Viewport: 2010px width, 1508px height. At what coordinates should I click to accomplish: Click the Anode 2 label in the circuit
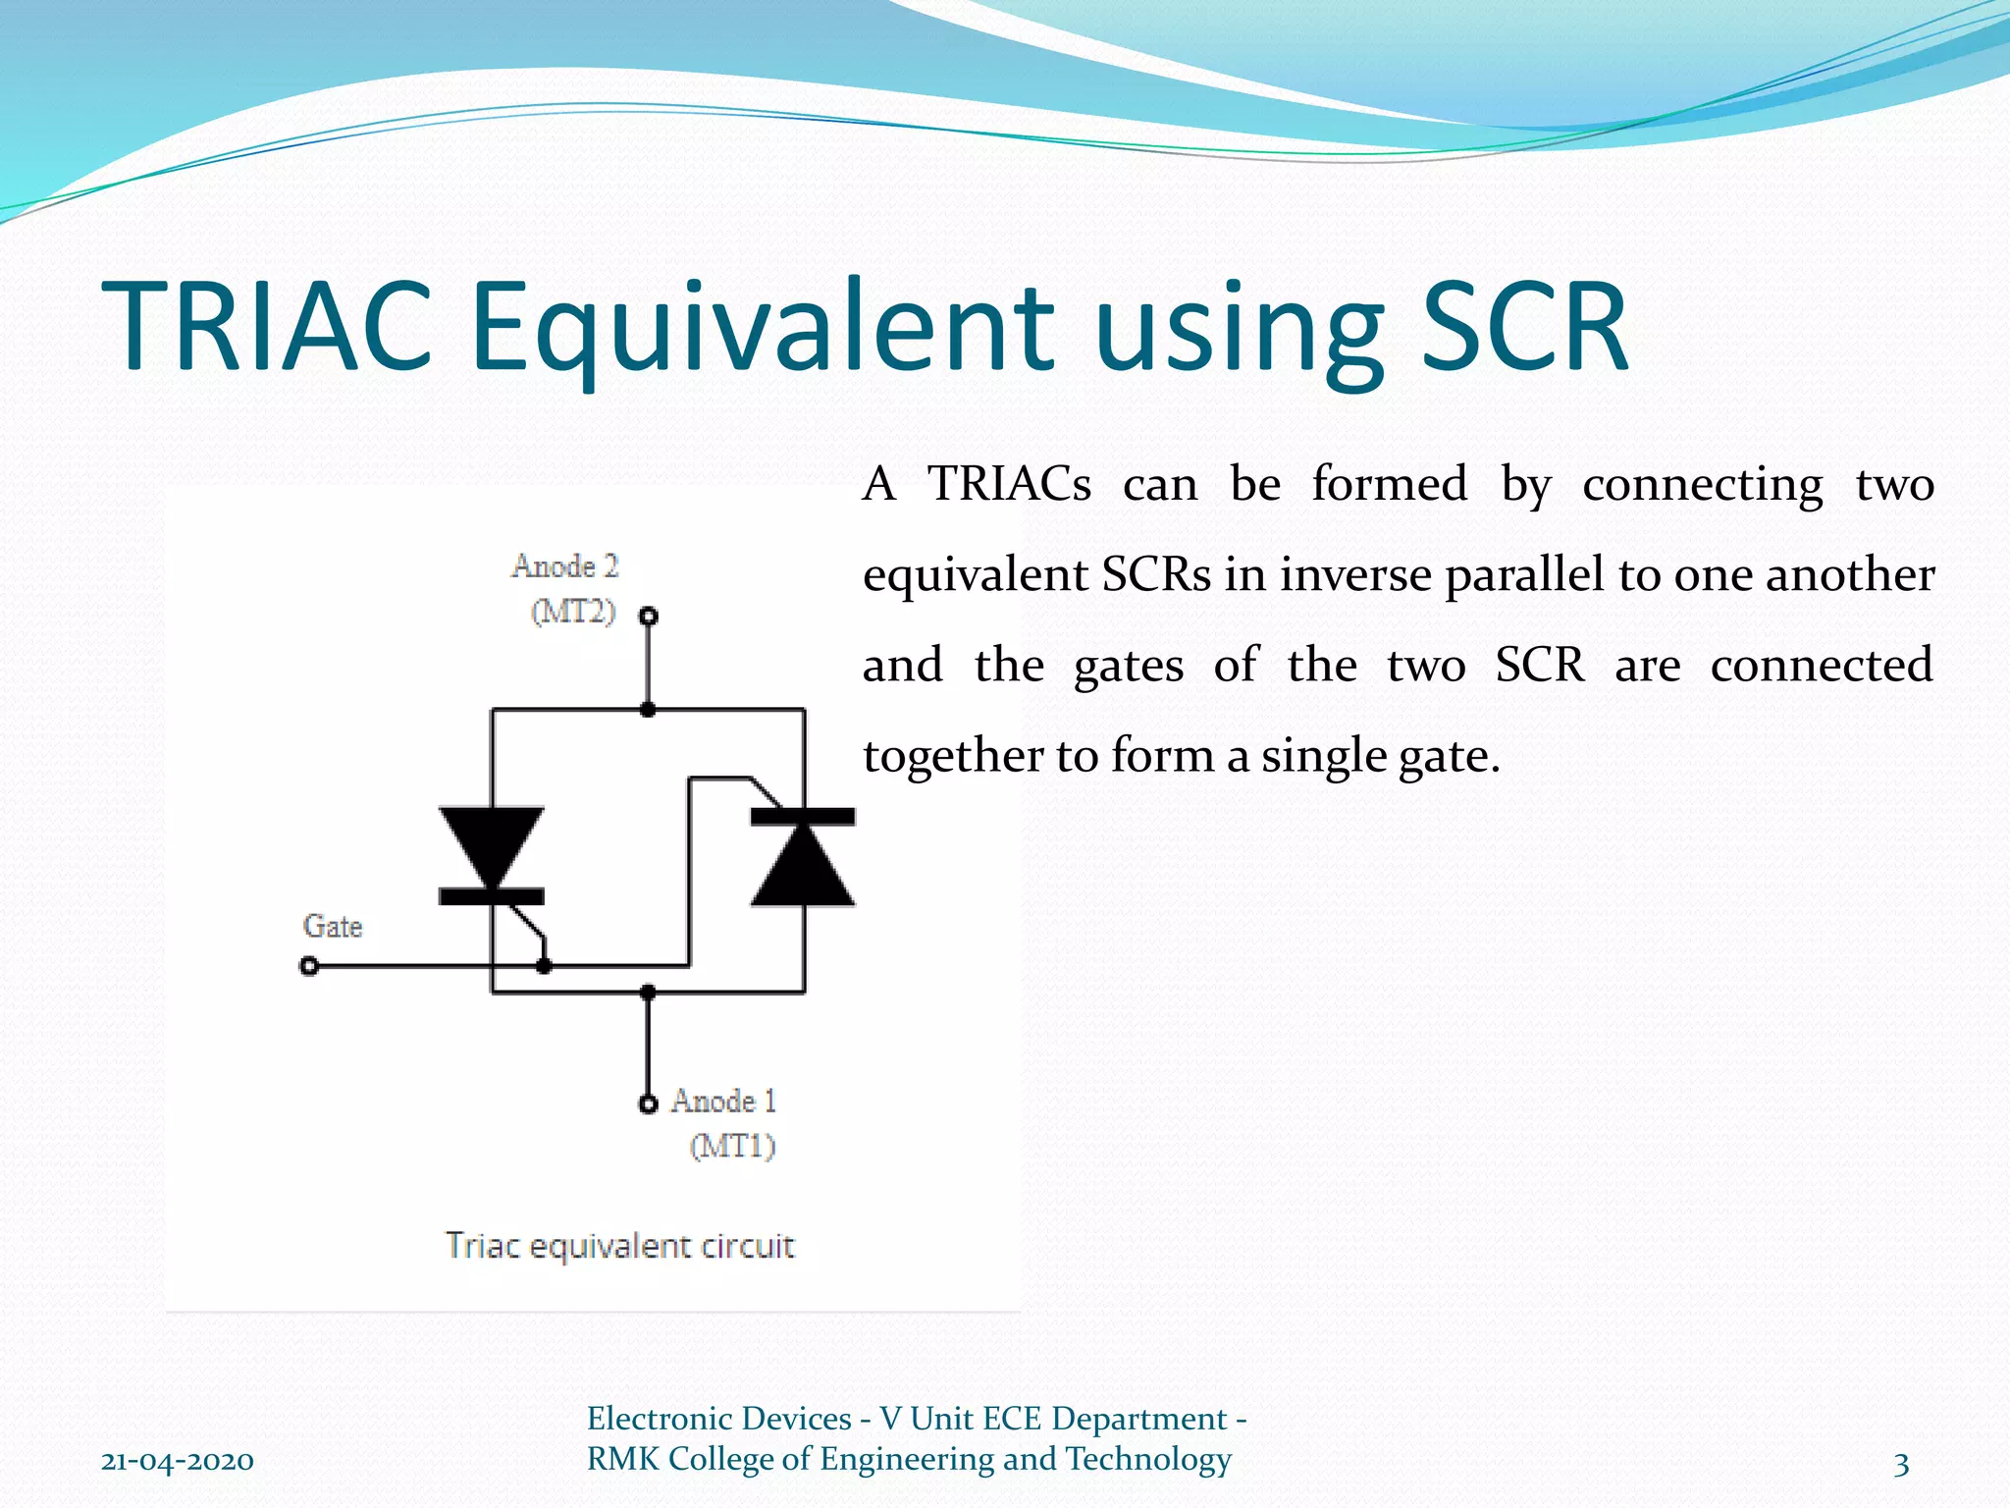[x=565, y=566]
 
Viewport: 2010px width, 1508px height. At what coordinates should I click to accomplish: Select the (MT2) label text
[x=573, y=612]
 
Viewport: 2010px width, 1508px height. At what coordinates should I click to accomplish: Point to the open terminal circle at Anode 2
[x=649, y=617]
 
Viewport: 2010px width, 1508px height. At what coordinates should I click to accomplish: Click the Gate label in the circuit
[x=333, y=926]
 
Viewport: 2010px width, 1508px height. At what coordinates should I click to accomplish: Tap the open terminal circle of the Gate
[x=309, y=967]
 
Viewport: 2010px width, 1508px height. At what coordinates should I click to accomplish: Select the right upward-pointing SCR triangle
[x=803, y=866]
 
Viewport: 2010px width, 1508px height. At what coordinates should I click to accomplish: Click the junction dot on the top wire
[x=648, y=709]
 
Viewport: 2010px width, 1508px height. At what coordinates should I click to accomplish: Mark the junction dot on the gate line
[x=545, y=967]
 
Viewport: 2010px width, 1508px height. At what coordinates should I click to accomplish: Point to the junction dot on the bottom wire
[x=648, y=993]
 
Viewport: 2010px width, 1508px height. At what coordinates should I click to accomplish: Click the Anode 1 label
[x=723, y=1102]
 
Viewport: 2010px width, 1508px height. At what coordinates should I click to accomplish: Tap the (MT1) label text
[x=732, y=1146]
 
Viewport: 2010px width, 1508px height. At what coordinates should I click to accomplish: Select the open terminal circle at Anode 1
[x=648, y=1104]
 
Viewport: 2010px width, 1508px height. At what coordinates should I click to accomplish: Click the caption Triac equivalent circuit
[x=619, y=1246]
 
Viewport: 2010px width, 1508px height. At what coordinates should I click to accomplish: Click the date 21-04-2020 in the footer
[x=178, y=1461]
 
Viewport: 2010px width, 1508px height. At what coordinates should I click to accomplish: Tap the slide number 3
[x=1901, y=1464]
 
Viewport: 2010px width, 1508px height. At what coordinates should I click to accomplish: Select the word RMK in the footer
[x=623, y=1459]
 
